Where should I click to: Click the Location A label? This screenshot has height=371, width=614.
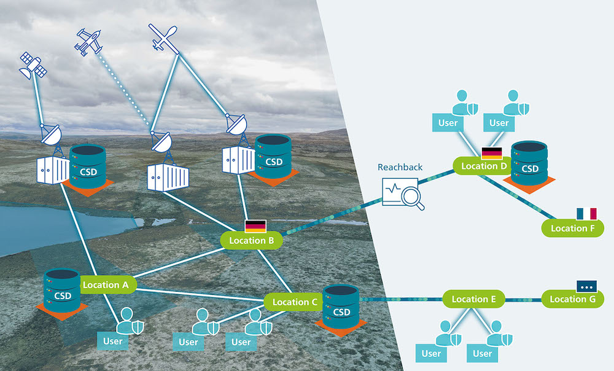click(105, 284)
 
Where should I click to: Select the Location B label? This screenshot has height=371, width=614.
click(251, 240)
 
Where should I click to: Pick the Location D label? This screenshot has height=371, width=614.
click(483, 166)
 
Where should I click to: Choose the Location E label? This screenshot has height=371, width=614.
click(473, 299)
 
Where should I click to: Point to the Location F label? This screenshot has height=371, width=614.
click(573, 228)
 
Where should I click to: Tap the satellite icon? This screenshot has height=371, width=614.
click(33, 66)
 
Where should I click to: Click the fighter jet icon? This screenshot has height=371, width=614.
click(88, 42)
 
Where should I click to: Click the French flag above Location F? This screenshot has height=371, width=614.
click(586, 213)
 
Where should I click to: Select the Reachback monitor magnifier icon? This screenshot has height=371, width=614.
click(402, 193)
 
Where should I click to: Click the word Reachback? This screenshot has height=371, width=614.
click(400, 167)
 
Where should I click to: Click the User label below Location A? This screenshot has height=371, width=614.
click(113, 341)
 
